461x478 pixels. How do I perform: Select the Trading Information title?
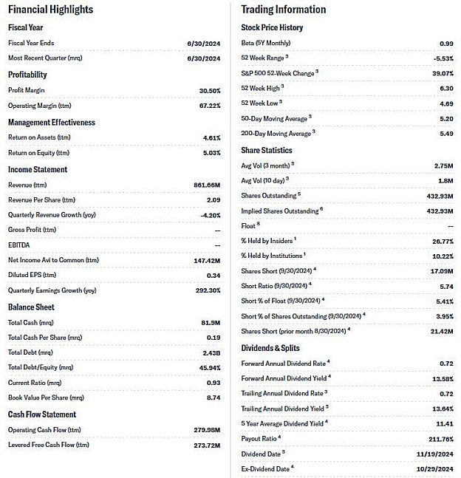coord(284,10)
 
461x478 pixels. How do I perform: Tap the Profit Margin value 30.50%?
coord(207,90)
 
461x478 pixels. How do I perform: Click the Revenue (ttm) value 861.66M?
coord(205,185)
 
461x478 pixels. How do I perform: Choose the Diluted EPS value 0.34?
coord(213,275)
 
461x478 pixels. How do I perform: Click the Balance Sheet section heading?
coord(31,307)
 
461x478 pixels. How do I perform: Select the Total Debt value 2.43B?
coord(209,352)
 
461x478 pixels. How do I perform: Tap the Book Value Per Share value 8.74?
coord(213,397)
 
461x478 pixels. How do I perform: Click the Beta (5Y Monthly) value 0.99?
coord(445,44)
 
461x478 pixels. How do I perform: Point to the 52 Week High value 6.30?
coord(445,88)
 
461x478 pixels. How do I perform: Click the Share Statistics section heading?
coord(267,151)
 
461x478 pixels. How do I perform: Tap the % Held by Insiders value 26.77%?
coord(440,241)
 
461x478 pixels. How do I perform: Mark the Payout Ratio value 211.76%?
coord(437,438)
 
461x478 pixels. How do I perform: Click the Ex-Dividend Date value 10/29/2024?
coord(432,468)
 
